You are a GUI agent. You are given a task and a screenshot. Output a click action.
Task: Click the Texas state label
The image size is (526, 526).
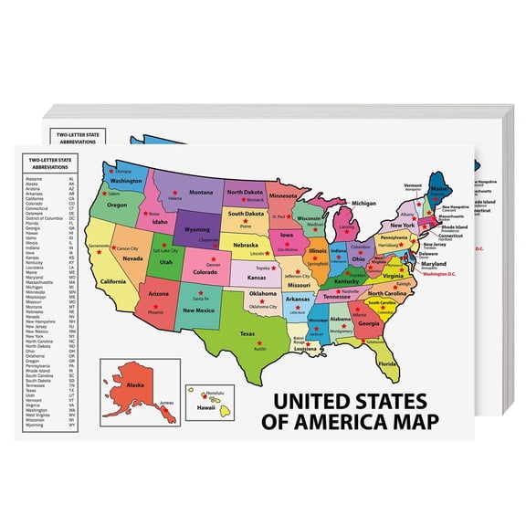tap(247, 334)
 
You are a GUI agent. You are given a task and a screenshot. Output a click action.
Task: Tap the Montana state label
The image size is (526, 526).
tap(201, 193)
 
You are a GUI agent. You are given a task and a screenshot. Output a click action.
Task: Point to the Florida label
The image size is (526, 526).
tap(389, 364)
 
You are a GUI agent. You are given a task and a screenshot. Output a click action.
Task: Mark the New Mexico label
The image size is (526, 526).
tap(200, 310)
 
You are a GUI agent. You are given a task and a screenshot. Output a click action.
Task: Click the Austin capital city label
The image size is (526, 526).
tap(258, 348)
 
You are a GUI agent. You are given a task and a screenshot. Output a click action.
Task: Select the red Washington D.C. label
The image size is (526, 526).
tap(439, 273)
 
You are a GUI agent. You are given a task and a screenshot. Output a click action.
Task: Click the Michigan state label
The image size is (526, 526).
tap(363, 203)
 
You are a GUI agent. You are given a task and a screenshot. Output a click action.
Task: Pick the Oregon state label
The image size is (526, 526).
tap(117, 205)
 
